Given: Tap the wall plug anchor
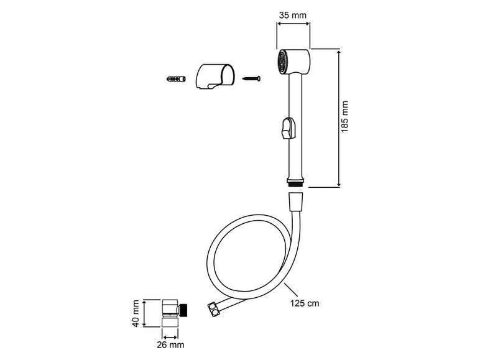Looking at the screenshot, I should pos(177,80).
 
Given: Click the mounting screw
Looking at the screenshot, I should pos(251,78).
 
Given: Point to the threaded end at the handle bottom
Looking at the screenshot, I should pos(296,182).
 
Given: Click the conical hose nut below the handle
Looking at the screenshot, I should pos(296,201).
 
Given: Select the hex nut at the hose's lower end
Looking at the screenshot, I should pos(213,309).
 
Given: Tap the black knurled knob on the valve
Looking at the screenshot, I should pos(184,308).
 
